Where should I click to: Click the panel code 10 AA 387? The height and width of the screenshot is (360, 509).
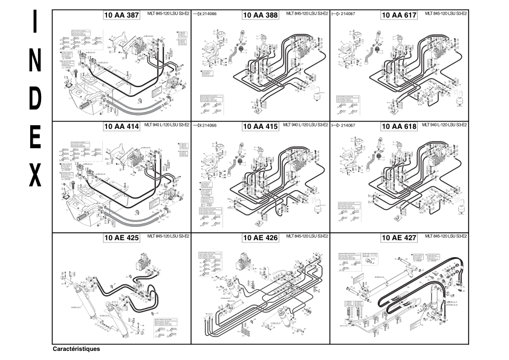(122, 15)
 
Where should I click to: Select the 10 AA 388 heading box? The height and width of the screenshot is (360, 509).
(260, 15)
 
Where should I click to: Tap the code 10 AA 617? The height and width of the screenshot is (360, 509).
(398, 15)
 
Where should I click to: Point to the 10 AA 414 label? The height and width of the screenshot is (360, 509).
(122, 126)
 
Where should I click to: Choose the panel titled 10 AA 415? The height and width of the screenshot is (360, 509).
(260, 126)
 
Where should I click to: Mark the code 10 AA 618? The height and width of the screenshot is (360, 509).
(398, 126)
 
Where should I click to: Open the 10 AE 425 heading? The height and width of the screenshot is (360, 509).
(122, 238)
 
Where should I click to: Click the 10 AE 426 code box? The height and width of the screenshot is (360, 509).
(260, 238)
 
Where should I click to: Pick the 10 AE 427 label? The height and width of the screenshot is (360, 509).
(398, 238)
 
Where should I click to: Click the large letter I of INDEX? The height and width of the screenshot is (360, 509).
(36, 24)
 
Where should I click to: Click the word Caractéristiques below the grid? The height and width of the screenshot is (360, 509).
(76, 349)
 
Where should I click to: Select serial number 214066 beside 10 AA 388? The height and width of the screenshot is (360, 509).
(209, 13)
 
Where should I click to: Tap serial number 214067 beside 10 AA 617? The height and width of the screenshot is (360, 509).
(348, 13)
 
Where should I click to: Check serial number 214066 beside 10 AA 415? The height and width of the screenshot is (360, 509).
(209, 125)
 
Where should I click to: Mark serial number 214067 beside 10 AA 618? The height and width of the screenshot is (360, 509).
(348, 125)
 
